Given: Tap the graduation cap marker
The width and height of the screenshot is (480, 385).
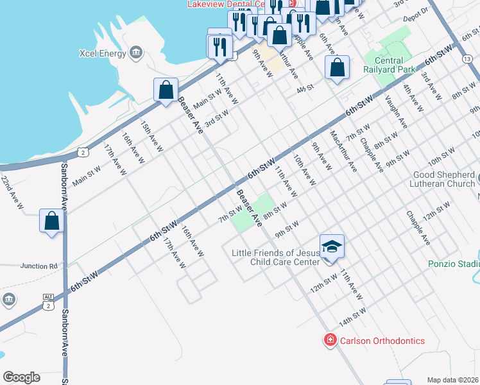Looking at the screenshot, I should (332, 248).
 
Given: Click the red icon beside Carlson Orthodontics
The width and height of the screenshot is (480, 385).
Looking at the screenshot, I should (330, 340).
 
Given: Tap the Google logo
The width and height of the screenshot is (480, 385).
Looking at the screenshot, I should (21, 377).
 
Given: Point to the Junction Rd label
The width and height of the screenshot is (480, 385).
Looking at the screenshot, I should (39, 266).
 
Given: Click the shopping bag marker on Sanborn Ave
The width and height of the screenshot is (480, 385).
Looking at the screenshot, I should (52, 221).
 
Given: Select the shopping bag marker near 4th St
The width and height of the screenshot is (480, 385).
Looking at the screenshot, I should (337, 68).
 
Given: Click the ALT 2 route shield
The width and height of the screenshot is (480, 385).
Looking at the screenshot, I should (48, 301).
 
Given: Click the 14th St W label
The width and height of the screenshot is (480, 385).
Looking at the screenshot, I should (352, 316).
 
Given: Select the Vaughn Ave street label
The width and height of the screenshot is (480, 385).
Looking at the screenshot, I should (395, 110).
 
